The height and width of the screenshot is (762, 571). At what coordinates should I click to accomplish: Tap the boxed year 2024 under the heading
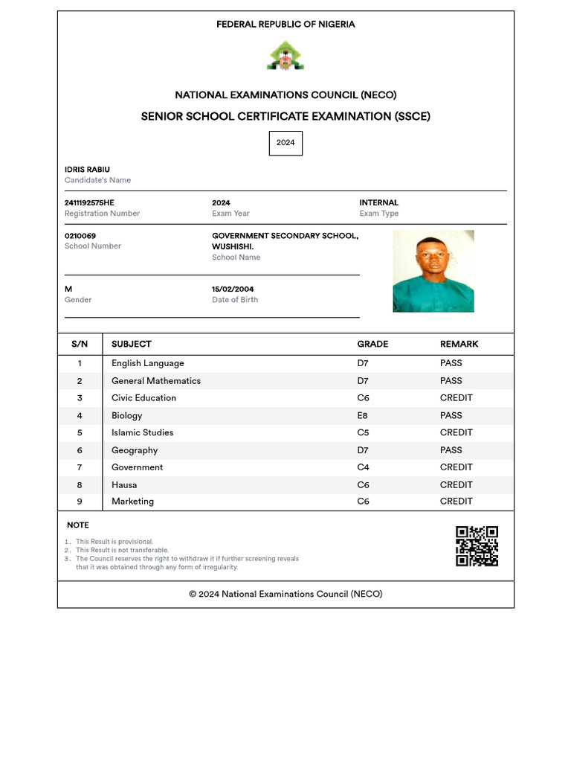(285, 143)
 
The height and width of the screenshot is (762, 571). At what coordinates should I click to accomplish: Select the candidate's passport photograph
(433, 271)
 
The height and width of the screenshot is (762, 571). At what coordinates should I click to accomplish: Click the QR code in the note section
(477, 546)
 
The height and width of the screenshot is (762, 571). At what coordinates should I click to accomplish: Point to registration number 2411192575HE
(89, 202)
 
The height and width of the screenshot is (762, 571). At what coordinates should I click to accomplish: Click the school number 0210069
(80, 236)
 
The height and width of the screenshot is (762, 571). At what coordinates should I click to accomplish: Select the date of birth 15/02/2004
(233, 289)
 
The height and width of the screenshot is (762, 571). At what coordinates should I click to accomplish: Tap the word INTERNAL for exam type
(378, 202)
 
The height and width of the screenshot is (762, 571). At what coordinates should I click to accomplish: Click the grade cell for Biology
(363, 415)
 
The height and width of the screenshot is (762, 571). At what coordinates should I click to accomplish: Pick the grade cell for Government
(363, 467)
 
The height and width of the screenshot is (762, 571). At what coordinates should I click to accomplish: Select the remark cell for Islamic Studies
(456, 432)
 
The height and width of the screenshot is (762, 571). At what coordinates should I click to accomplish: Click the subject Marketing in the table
(132, 502)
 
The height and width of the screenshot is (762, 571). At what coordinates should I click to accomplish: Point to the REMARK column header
(459, 344)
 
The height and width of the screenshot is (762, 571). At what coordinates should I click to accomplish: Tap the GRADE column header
(372, 344)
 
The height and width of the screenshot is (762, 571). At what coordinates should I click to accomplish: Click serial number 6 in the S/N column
(80, 450)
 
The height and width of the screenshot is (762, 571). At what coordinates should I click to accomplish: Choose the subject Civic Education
(143, 398)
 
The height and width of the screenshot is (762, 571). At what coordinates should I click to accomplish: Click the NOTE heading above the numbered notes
(77, 525)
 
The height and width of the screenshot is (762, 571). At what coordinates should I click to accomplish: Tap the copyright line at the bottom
(285, 594)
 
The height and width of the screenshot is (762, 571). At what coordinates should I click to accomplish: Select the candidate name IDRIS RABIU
(87, 170)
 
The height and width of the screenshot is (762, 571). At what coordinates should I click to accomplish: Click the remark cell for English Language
(451, 363)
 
